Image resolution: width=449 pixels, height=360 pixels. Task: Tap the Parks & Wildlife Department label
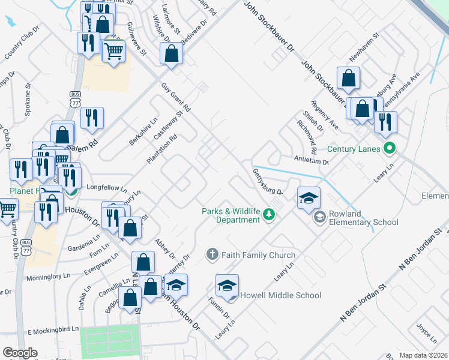(231, 215)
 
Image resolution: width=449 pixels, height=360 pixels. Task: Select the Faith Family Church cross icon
(211, 255)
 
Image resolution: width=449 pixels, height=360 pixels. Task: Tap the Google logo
(20, 353)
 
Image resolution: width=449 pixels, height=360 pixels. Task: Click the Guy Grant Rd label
(176, 97)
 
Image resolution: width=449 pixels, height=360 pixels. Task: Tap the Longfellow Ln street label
(107, 187)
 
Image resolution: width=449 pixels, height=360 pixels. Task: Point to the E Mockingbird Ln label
(52, 330)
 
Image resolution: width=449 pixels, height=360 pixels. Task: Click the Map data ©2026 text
(424, 355)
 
